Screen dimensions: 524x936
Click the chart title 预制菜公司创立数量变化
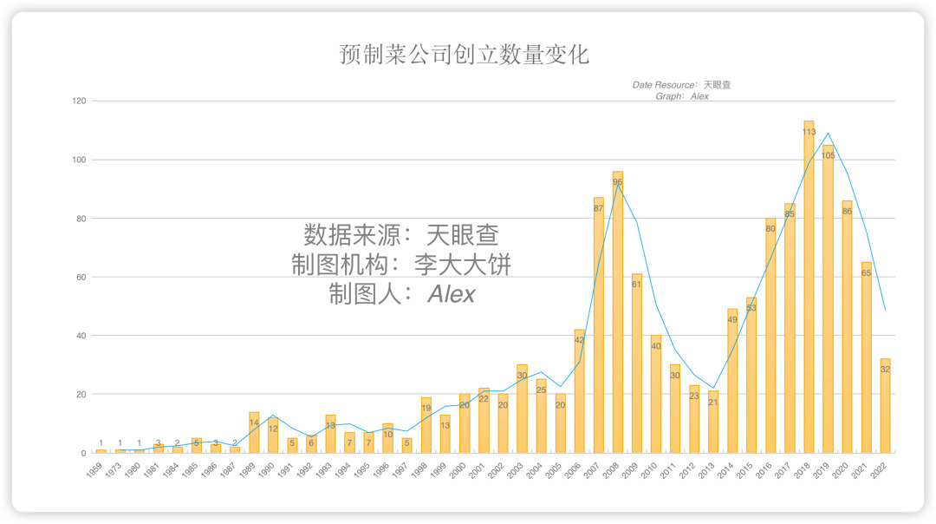(465, 56)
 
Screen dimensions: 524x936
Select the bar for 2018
(809, 286)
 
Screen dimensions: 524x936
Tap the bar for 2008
(617, 312)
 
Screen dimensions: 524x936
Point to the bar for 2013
(713, 422)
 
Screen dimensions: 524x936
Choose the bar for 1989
(254, 432)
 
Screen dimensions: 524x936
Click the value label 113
(809, 133)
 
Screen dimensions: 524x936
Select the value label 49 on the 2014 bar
(732, 320)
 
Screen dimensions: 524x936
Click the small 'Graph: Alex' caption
(681, 96)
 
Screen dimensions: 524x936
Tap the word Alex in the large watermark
(452, 294)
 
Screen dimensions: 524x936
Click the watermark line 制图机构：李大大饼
(401, 265)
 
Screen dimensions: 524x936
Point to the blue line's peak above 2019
(828, 134)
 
